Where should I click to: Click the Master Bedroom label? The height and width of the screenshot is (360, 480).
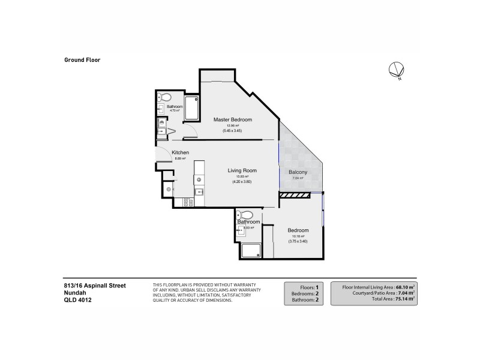click(233, 120)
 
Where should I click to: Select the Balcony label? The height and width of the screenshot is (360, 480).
click(298, 173)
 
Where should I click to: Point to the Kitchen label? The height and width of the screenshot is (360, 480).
click(181, 152)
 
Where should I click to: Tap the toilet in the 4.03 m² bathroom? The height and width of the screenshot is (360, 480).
click(245, 215)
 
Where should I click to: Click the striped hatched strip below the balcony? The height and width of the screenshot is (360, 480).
click(294, 194)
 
